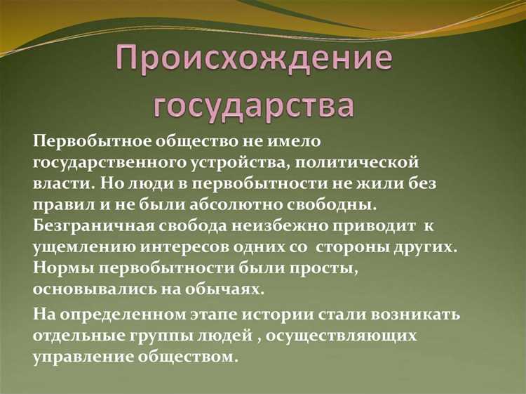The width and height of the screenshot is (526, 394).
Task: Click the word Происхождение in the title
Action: tap(254, 60)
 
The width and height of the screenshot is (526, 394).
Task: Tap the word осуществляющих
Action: tap(344, 336)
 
